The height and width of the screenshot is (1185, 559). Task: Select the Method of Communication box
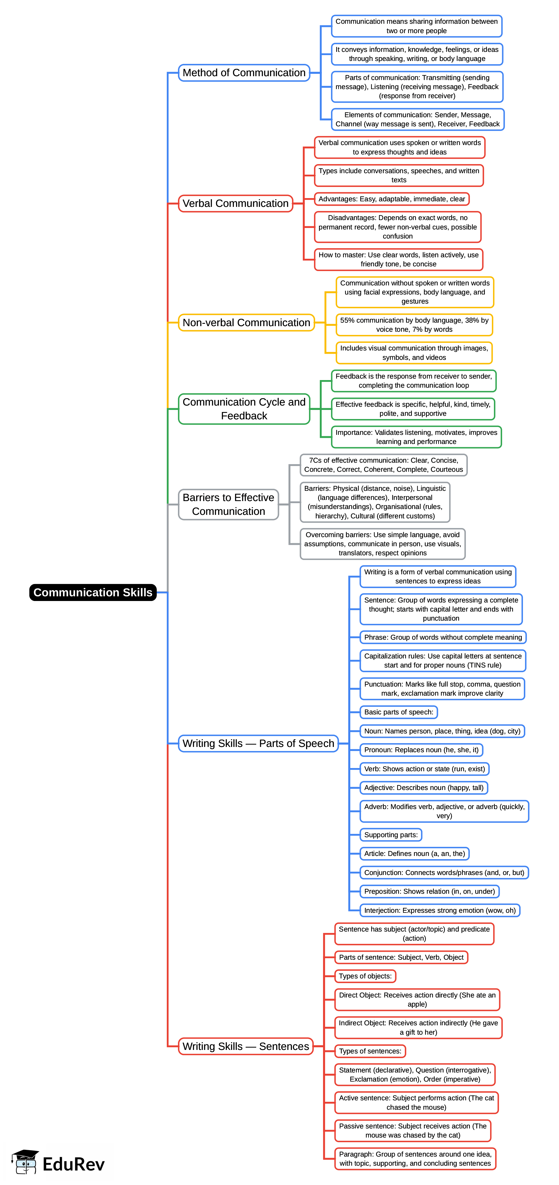pyautogui.click(x=244, y=73)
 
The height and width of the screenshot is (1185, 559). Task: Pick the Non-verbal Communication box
pyautogui.click(x=246, y=322)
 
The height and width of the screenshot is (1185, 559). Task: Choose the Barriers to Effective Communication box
pyautogui.click(x=228, y=504)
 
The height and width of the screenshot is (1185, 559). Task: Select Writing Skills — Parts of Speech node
pyautogui.click(x=258, y=743)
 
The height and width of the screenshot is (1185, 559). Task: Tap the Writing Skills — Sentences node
pyautogui.click(x=246, y=1046)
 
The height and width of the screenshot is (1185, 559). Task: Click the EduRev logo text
pyautogui.click(x=74, y=1164)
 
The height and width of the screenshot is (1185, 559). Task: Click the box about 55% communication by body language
pyautogui.click(x=414, y=325)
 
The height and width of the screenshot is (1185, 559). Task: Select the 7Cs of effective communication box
pyautogui.click(x=383, y=465)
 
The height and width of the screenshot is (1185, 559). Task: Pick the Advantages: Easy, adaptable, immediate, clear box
pyautogui.click(x=392, y=199)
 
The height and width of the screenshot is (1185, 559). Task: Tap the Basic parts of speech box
pyautogui.click(x=398, y=712)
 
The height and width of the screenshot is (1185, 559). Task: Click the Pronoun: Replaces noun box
pyautogui.click(x=421, y=750)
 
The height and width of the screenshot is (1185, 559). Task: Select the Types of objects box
pyautogui.click(x=365, y=976)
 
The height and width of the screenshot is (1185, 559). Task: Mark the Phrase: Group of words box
pyautogui.click(x=443, y=637)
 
